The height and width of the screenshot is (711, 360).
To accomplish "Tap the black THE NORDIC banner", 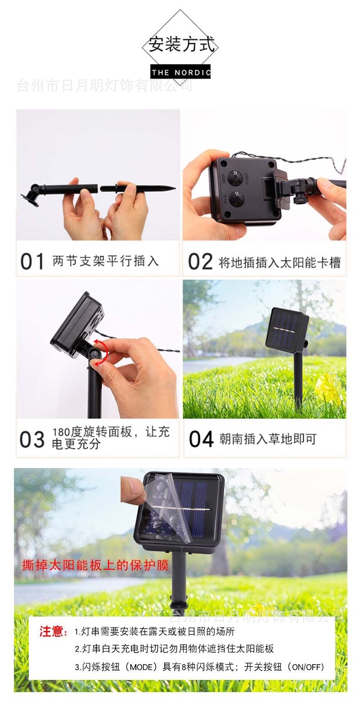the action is tap(180, 72).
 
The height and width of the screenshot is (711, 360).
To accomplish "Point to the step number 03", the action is tap(32, 440).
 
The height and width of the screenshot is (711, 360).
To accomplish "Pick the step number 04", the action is tap(201, 439).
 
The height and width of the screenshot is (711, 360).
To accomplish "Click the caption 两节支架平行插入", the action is tap(105, 261).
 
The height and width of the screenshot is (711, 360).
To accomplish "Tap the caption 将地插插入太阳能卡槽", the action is tap(280, 262).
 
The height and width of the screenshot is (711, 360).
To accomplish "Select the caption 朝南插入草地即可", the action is tap(268, 439).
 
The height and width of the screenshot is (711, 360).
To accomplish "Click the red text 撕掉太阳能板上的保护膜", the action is tap(95, 565).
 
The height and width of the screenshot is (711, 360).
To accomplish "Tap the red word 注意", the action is tap(53, 631).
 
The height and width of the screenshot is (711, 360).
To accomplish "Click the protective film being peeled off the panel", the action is tap(168, 508).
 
